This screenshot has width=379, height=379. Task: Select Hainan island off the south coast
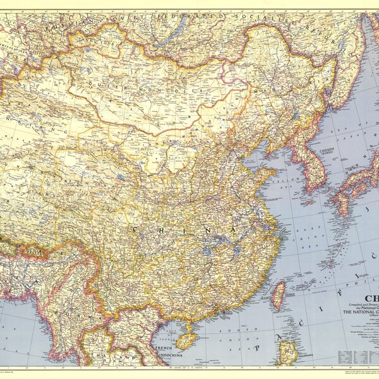[x=184, y=340]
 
